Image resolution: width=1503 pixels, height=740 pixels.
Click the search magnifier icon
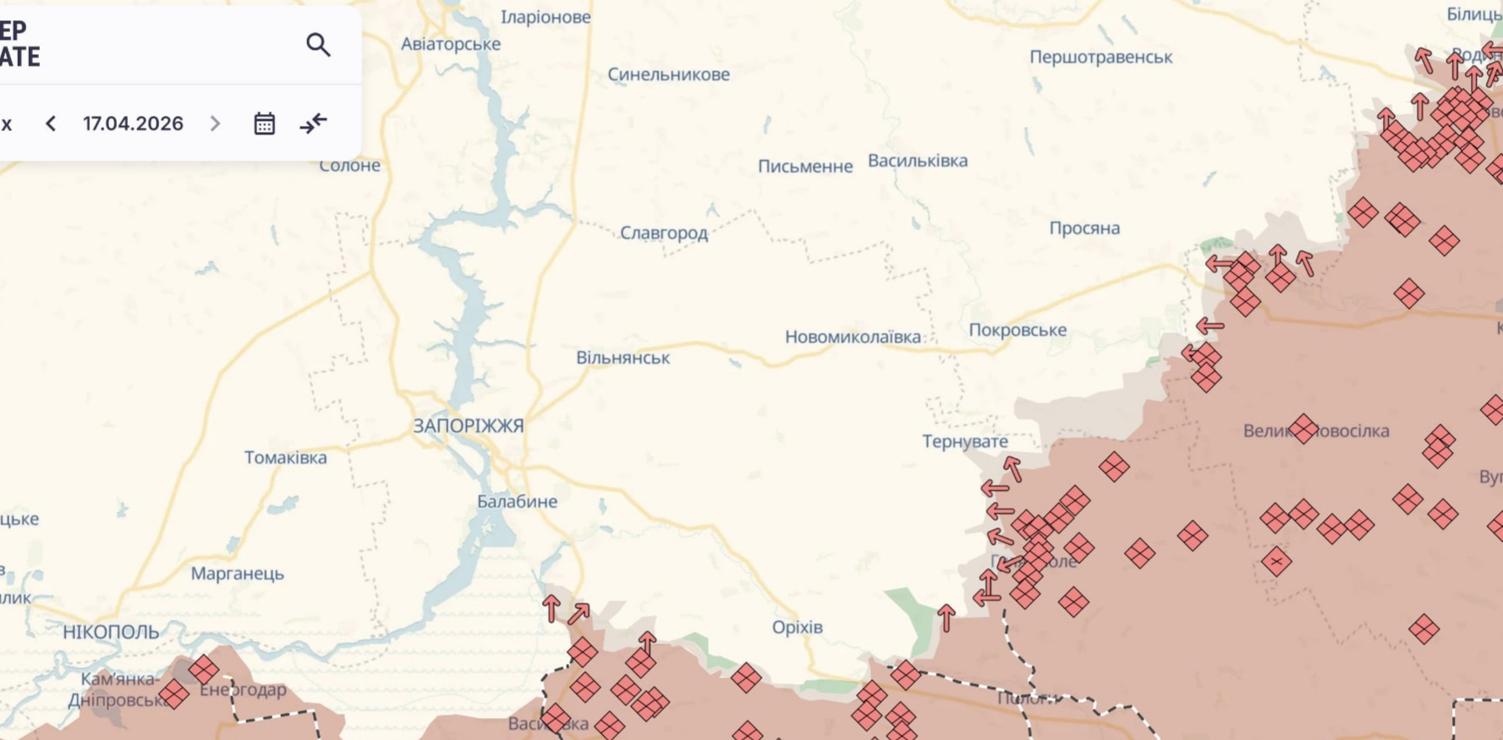coord(318,45)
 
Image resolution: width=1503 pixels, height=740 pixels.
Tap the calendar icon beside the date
coord(264,123)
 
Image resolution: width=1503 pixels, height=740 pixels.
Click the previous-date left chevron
coord(51,123)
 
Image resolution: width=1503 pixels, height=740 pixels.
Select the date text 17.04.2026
coord(133,123)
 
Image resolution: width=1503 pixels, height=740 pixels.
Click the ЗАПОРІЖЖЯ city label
coord(468,425)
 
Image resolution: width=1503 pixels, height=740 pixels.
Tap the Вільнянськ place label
coord(623,358)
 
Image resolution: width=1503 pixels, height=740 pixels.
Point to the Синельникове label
coord(668,74)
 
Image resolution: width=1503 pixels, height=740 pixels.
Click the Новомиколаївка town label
coord(853,337)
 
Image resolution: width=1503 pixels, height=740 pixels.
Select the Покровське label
coord(1017,330)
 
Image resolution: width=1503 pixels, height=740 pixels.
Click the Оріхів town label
coord(797,627)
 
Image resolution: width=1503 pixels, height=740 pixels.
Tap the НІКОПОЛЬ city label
coord(111,632)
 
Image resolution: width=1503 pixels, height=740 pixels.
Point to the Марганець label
coord(237,573)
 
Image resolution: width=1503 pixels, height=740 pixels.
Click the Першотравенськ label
coord(1100,57)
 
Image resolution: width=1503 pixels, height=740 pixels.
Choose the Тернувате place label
coord(964,441)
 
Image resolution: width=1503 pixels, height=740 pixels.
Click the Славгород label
coord(663,233)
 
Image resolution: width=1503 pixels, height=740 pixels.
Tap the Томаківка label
coord(285,458)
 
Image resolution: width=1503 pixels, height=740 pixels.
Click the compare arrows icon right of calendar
coord(313,123)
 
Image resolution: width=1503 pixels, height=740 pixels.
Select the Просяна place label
coord(1083,228)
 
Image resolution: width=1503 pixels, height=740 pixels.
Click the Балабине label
coord(517,502)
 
